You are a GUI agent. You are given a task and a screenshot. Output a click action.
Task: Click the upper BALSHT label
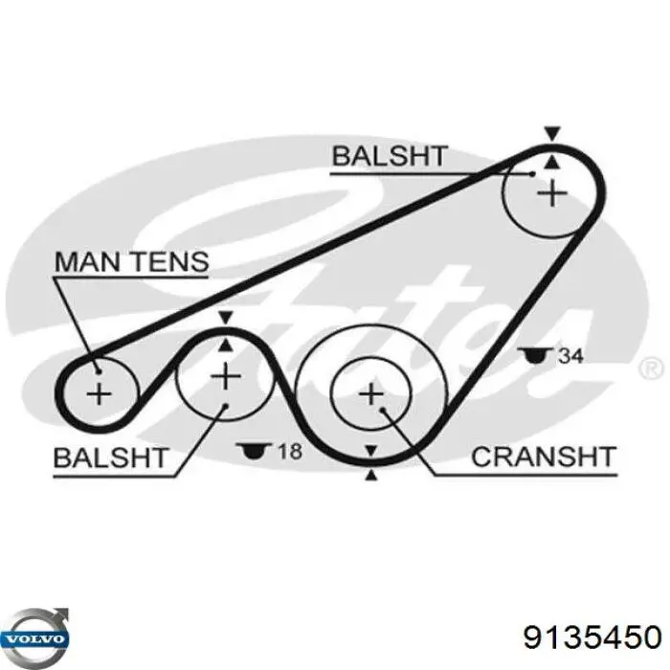[389, 155]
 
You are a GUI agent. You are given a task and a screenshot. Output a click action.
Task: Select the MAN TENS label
[131, 260]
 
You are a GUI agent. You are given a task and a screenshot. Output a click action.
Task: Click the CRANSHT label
[543, 457]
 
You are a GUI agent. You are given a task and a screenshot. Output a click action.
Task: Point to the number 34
[570, 356]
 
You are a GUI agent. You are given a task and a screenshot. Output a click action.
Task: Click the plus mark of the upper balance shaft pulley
[551, 194]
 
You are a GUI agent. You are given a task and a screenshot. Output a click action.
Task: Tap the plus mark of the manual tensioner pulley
[99, 392]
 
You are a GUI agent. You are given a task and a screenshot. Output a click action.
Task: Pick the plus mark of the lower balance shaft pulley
[226, 376]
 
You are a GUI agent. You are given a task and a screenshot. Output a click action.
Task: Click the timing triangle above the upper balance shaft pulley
[550, 133]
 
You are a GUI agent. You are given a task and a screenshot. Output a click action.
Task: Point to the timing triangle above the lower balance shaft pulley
[226, 318]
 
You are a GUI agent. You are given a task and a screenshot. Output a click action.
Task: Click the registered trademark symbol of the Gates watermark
[650, 368]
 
